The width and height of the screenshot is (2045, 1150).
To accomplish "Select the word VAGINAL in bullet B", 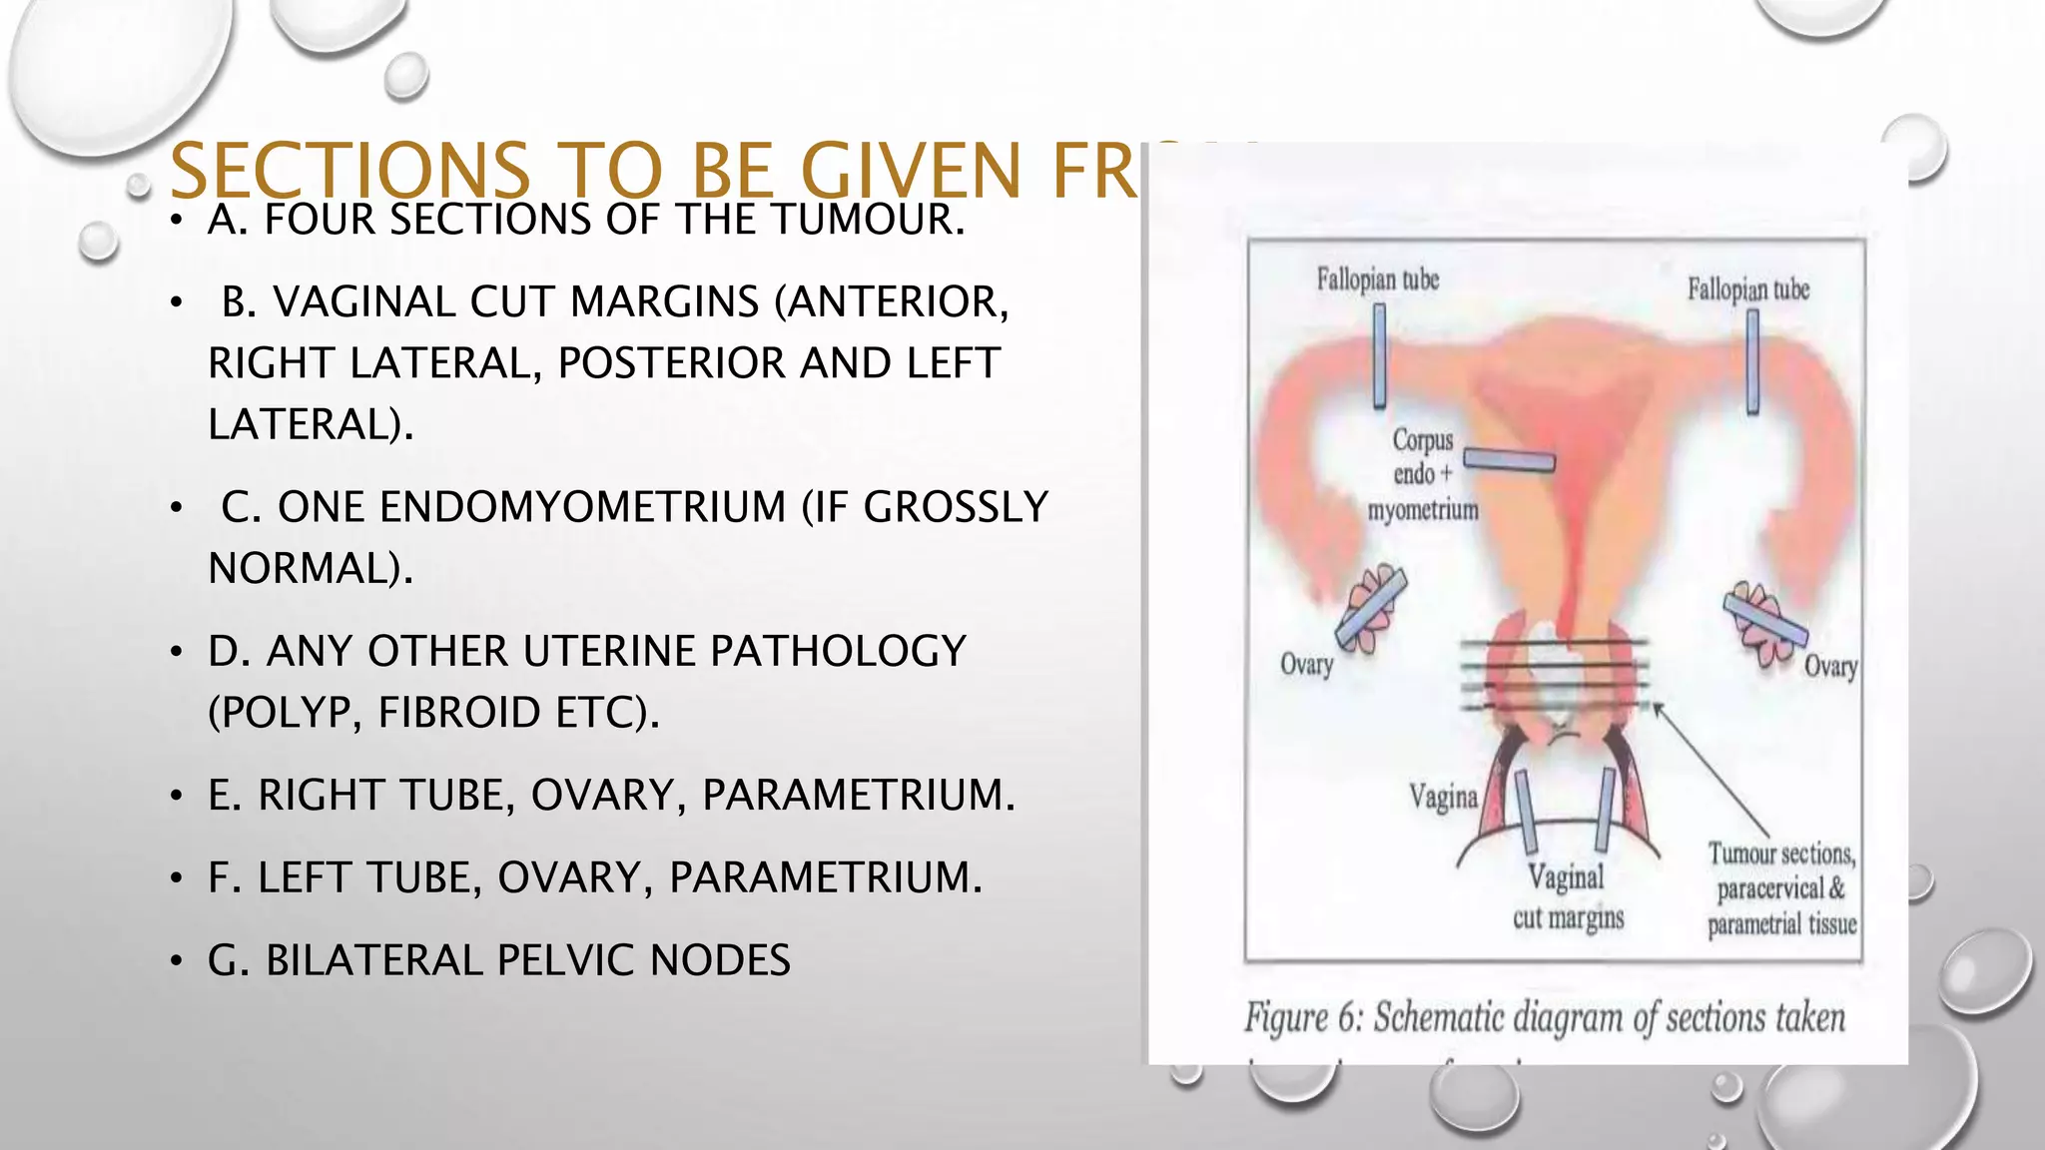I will click(x=363, y=301).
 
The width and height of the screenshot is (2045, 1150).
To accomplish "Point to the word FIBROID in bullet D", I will click(x=460, y=713).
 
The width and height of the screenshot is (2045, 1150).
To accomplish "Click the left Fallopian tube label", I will click(x=1377, y=280).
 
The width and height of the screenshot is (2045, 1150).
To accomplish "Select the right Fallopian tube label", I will click(x=1747, y=289).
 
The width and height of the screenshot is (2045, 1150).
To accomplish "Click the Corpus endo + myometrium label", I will click(x=1423, y=475).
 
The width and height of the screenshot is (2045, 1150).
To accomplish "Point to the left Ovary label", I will click(x=1306, y=665).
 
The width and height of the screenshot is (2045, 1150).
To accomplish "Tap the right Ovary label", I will click(x=1829, y=667).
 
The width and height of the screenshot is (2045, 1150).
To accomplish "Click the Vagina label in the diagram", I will click(x=1443, y=797).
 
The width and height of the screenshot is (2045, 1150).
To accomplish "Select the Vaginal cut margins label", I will click(x=1567, y=896).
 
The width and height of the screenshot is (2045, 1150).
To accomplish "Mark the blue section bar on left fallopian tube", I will click(x=1379, y=355).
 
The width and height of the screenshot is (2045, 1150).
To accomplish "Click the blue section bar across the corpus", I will click(x=1509, y=460).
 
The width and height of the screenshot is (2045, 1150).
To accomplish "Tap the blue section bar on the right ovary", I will click(x=1764, y=617).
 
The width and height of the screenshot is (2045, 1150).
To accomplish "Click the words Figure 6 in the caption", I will click(x=1302, y=1018).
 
